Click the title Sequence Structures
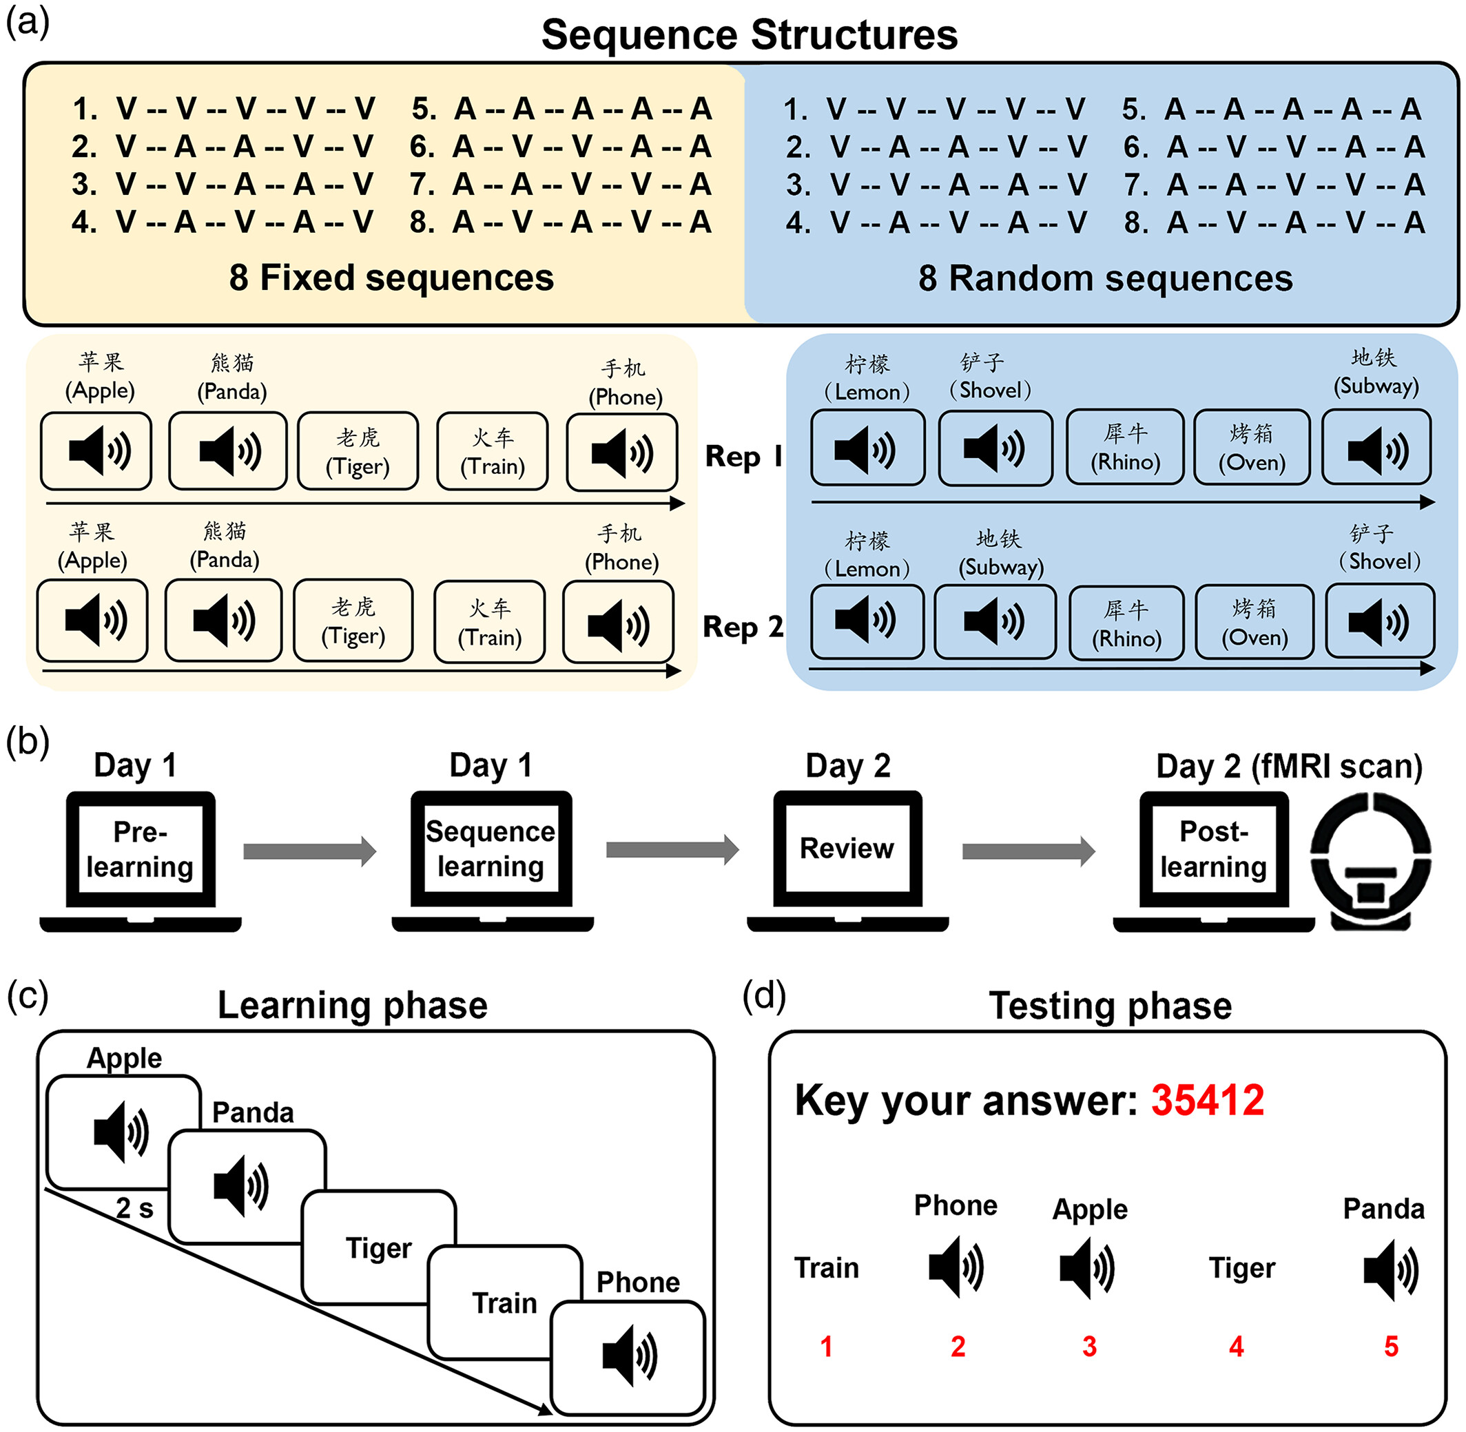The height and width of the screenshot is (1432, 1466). tap(749, 34)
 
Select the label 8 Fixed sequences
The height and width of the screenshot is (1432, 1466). tap(391, 278)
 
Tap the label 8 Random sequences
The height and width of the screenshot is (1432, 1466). tap(1105, 278)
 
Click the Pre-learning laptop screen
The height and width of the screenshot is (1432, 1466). tap(140, 849)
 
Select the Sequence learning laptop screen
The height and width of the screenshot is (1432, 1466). tap(491, 849)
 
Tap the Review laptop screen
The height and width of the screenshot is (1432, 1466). tap(847, 849)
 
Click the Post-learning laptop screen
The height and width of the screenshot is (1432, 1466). tap(1213, 849)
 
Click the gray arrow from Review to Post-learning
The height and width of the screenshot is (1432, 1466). tap(1029, 851)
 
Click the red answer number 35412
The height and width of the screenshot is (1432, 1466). tap(1207, 1100)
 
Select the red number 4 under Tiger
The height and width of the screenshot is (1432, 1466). tap(1236, 1347)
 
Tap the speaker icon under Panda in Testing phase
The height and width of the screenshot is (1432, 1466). tap(1390, 1269)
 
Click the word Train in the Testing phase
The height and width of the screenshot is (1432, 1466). tap(827, 1268)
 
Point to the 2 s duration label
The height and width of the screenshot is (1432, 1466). tap(134, 1208)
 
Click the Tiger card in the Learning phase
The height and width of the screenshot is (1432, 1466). tap(378, 1247)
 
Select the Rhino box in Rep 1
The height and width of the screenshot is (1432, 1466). tap(1125, 448)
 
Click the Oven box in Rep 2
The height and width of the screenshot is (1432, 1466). tap(1254, 623)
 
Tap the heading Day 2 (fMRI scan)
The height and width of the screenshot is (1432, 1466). tap(1288, 766)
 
